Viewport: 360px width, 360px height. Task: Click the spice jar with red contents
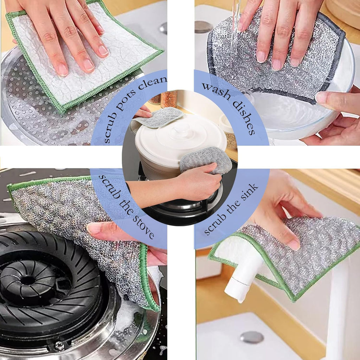[169, 99]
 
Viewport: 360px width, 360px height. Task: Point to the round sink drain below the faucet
[252, 337]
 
